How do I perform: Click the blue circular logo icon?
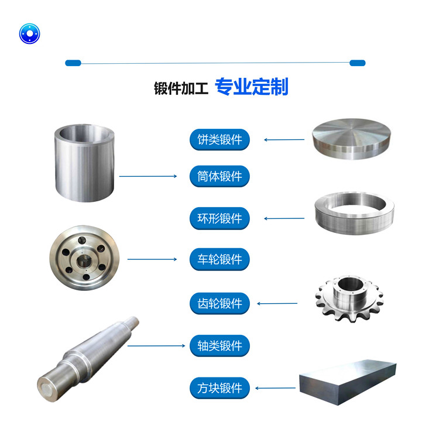pos(29,33)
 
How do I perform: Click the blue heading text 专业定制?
pos(252,87)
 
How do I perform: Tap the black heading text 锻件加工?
pos(181,88)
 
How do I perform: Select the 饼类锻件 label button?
pos(220,139)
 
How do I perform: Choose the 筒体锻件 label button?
pos(220,176)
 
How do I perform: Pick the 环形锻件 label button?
pos(220,218)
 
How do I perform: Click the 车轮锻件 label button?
pos(220,259)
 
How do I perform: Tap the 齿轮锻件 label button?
pos(220,303)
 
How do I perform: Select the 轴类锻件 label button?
pos(220,346)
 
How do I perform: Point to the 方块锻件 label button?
pos(220,388)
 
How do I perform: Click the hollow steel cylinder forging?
pos(84,163)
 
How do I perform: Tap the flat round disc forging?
pos(351,139)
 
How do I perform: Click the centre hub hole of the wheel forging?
pos(83,262)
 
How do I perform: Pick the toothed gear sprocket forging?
pos(349,299)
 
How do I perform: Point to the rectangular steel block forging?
pos(348,382)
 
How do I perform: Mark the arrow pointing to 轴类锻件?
pos(156,346)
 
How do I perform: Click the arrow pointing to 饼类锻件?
pos(284,139)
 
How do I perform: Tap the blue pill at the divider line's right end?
pos(358,63)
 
